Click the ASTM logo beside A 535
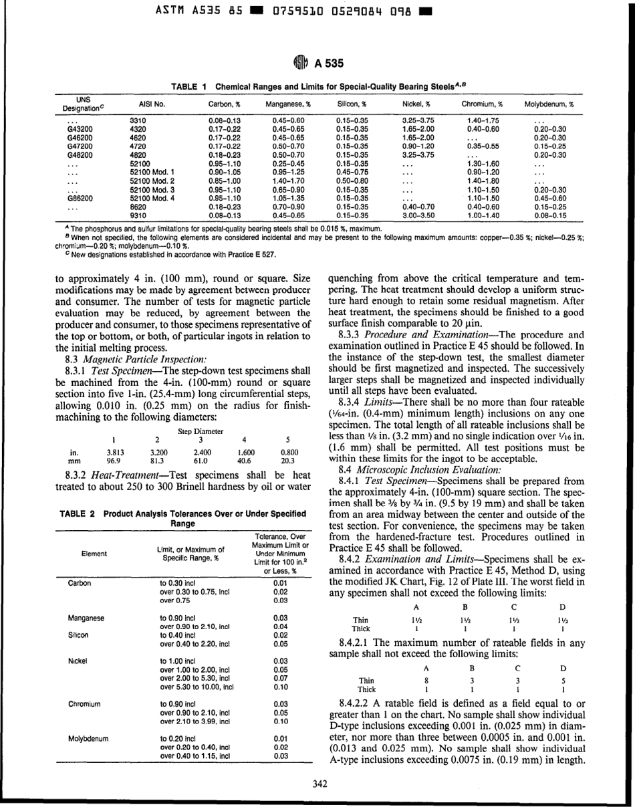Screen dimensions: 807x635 [299, 64]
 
